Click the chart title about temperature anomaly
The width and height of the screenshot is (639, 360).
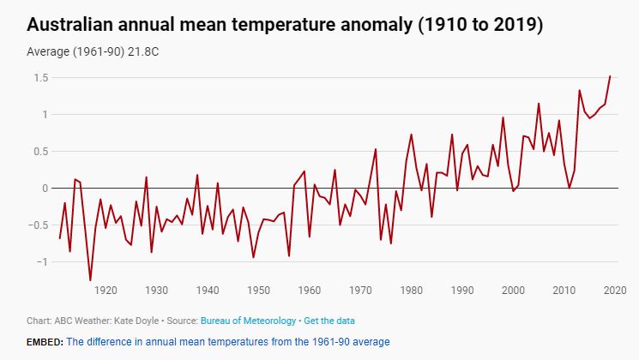(x=285, y=25)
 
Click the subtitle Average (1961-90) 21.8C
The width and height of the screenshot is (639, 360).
(x=93, y=51)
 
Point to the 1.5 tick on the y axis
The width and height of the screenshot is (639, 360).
(x=39, y=78)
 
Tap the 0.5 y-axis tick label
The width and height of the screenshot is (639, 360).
(x=39, y=152)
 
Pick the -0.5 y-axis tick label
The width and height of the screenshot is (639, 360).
(x=36, y=225)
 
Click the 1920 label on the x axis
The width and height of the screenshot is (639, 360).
(x=105, y=290)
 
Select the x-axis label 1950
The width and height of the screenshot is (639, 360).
(x=258, y=290)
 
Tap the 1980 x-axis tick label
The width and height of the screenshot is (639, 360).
(x=411, y=290)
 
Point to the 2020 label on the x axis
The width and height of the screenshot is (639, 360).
(x=614, y=290)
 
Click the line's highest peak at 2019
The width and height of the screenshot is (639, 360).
(x=610, y=76)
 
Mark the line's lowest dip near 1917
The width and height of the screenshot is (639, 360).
(x=90, y=280)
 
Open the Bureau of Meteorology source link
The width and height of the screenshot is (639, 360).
(x=248, y=321)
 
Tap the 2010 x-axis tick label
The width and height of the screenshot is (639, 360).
(x=564, y=290)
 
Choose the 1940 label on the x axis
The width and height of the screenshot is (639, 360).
(x=208, y=290)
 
